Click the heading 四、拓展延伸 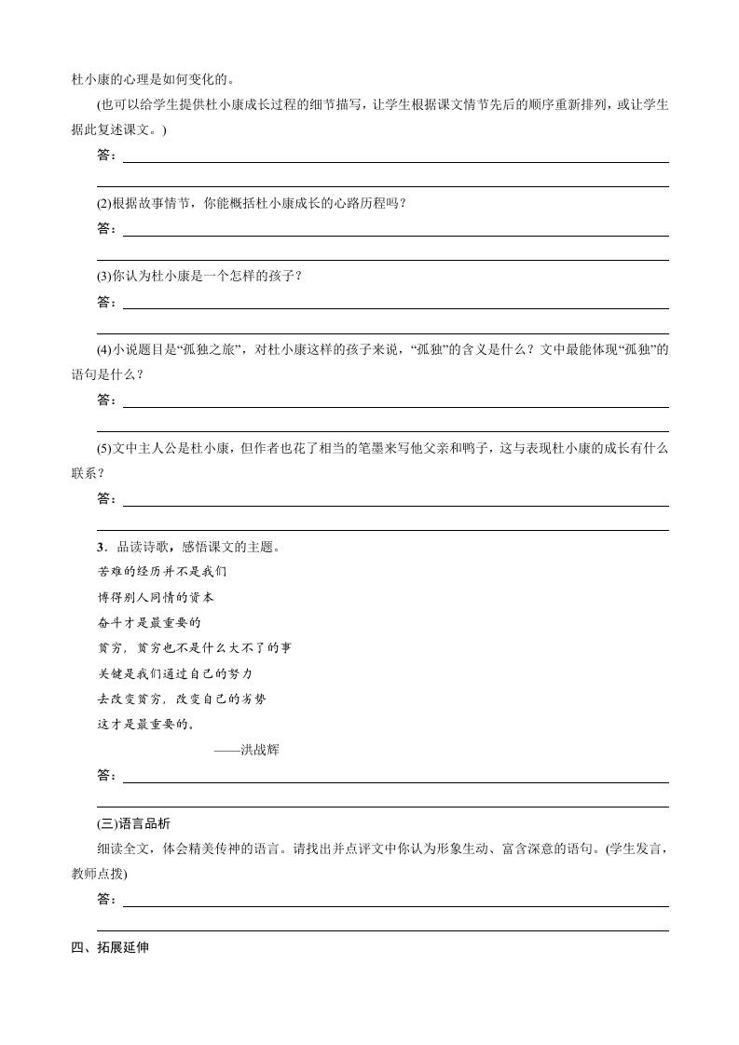(110, 948)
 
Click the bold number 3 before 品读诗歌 (100, 547)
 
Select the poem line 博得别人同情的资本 (156, 597)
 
